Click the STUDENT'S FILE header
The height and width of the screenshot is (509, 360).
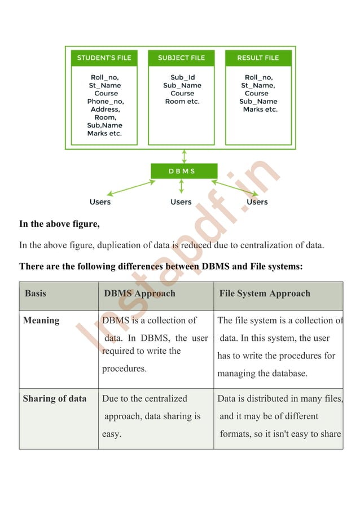(104, 58)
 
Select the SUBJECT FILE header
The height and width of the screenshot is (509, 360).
(181, 58)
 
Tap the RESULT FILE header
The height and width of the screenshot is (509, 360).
(258, 58)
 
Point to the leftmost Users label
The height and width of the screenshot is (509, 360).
(100, 202)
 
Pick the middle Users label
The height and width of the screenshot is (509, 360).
(181, 202)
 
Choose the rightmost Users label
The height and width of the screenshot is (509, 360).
(257, 202)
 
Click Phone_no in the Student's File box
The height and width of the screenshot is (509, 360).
(105, 102)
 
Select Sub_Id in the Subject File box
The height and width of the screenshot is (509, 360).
(182, 78)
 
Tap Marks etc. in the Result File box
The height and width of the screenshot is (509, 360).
(260, 109)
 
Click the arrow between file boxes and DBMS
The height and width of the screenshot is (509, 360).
(184, 155)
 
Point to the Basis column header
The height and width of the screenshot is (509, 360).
(36, 293)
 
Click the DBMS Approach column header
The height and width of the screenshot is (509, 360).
(139, 293)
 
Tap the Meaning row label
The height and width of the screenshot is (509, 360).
(41, 321)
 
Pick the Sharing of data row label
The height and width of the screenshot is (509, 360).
(55, 398)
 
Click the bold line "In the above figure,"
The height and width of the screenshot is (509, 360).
(60, 224)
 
